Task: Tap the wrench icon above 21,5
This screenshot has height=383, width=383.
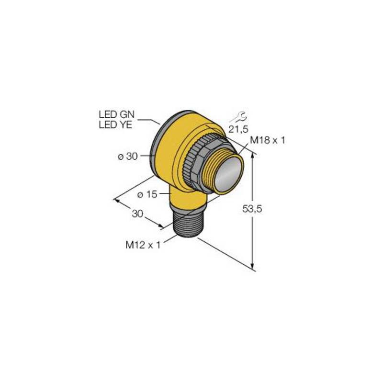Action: [237, 115]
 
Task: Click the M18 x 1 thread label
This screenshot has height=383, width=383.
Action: [268, 140]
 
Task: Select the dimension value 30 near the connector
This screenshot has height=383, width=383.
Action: [138, 214]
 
